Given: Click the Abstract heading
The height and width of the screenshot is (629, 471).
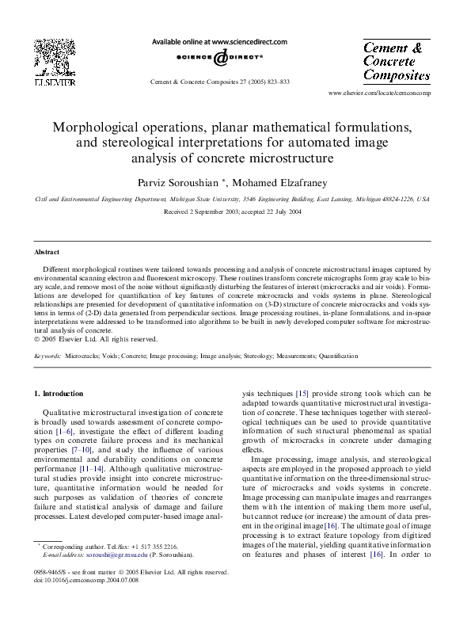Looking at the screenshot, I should tap(48, 252).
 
